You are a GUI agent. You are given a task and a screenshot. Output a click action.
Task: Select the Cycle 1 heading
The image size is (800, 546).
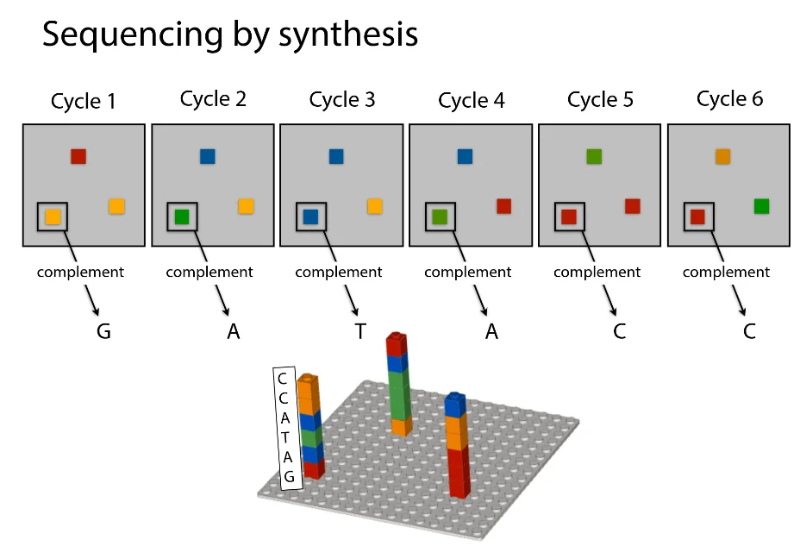point(83,101)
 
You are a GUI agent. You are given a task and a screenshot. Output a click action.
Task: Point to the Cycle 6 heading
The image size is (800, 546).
point(729,99)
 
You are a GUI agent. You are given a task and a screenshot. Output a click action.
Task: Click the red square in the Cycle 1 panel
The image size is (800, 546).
point(78,156)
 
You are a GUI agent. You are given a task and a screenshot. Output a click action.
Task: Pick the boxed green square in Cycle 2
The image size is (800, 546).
point(181,217)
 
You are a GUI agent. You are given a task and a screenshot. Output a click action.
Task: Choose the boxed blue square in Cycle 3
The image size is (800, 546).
point(310,217)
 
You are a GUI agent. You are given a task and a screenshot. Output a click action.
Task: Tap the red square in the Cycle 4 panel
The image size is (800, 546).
point(504,206)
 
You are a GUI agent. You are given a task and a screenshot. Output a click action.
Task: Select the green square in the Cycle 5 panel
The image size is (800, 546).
point(594,156)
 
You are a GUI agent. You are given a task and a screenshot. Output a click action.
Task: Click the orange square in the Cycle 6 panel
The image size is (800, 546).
point(723,156)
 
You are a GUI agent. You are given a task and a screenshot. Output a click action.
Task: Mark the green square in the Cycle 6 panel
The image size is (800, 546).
point(761,206)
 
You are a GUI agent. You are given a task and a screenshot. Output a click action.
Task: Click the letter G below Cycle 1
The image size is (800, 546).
point(103,331)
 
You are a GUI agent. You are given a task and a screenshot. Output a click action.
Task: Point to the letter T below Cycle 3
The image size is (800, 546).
point(360,331)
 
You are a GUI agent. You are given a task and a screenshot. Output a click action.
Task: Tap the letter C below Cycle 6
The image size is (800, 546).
point(749,331)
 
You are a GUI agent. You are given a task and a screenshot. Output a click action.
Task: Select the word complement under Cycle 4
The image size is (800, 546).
point(467,273)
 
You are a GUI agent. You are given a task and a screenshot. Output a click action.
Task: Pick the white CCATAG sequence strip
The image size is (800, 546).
point(287,428)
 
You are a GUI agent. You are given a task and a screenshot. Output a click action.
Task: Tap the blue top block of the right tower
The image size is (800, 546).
point(455,403)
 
